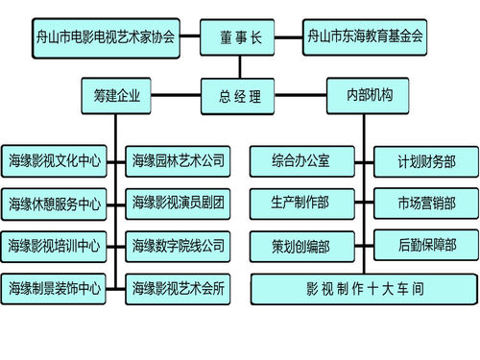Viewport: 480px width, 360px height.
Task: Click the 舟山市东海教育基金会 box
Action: pyautogui.click(x=366, y=38)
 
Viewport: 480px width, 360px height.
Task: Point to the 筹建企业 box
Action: pyautogui.click(x=116, y=96)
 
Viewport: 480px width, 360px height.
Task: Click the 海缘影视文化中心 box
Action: pyautogui.click(x=54, y=160)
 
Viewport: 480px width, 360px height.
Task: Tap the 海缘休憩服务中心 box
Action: pyautogui.click(x=54, y=204)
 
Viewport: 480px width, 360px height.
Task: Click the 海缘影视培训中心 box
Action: pyautogui.click(x=54, y=246)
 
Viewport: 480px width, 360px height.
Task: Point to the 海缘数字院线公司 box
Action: pyautogui.click(x=179, y=245)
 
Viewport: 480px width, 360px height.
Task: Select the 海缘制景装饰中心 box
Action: pyautogui.click(x=54, y=288)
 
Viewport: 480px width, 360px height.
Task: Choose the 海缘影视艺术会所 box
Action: pyautogui.click(x=179, y=287)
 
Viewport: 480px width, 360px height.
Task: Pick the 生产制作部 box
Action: pyautogui.click(x=300, y=203)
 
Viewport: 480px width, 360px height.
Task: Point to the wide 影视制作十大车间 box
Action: pyautogui.click(x=364, y=288)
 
